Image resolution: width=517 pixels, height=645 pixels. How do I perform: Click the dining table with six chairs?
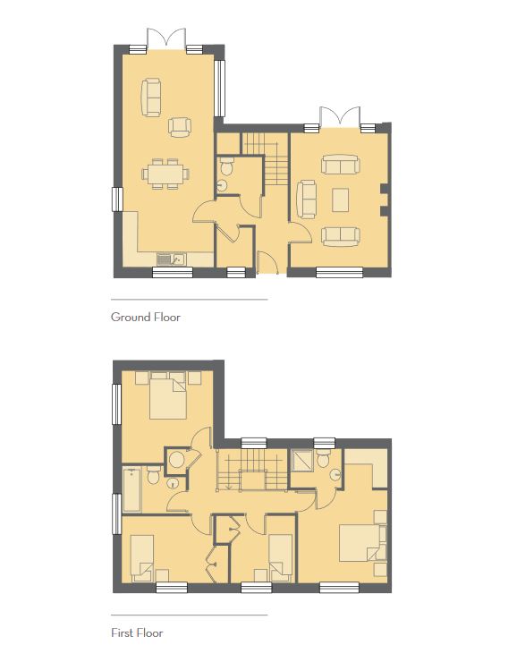(x=165, y=174)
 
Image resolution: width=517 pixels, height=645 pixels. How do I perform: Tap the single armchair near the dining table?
(x=180, y=127)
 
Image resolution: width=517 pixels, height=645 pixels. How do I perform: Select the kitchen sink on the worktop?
(x=172, y=259)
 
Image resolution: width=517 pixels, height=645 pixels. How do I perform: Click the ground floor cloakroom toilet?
(x=226, y=166)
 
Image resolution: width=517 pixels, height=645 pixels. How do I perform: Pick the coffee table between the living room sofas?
(x=341, y=199)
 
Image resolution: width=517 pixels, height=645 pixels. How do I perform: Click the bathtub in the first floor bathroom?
(x=132, y=490)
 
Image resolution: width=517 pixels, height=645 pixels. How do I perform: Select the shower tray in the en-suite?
(x=302, y=461)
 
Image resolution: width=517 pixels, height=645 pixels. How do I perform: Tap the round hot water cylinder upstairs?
(x=177, y=460)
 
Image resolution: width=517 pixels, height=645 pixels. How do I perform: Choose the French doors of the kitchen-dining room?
(x=166, y=38)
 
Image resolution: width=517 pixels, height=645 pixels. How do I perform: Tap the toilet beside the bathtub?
(x=154, y=475)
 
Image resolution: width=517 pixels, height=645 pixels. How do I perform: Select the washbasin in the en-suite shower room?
(x=336, y=474)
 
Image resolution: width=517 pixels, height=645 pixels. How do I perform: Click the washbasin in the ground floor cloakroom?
(x=222, y=185)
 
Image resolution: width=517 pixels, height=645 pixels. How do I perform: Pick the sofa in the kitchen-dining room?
(x=151, y=98)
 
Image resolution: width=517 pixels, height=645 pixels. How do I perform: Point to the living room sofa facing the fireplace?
(x=307, y=199)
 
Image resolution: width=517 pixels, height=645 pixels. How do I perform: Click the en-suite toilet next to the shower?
(x=324, y=458)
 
